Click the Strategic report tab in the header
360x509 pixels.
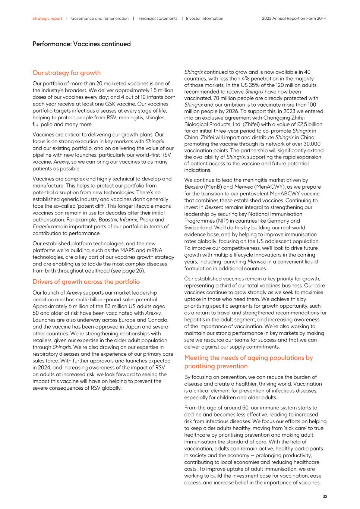pos(47,18)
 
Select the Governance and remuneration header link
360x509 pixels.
pos(100,18)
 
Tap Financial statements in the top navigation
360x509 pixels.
pos(158,18)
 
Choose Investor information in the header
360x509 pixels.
pos(205,18)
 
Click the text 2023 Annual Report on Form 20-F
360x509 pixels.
pos(294,18)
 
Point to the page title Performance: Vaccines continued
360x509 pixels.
pos(81,44)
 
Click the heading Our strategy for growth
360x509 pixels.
pos(66,73)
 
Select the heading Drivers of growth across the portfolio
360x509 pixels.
pos(86,282)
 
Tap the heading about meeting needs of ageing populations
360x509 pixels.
pos(249,362)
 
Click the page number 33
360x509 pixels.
pos(325,496)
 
